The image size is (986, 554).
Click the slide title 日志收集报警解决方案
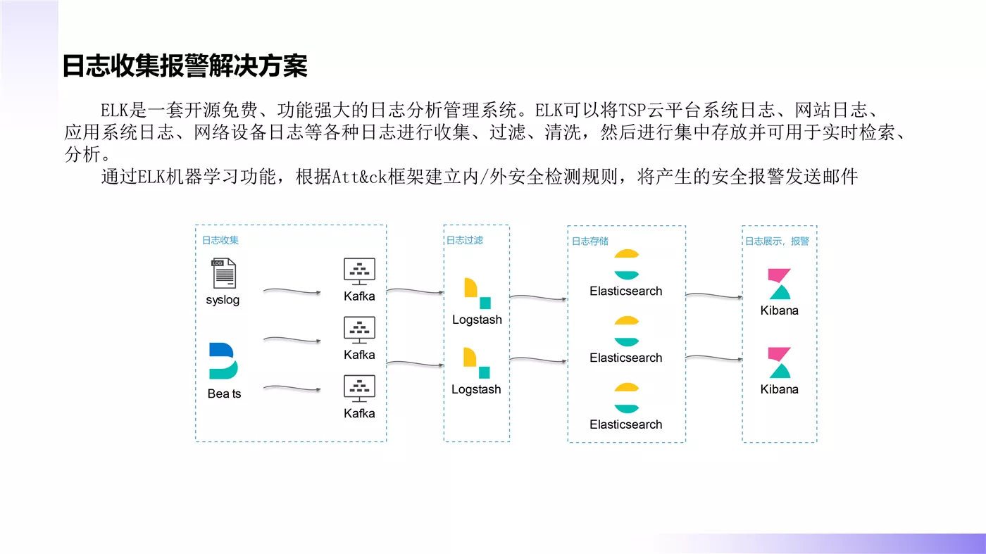pyautogui.click(x=185, y=66)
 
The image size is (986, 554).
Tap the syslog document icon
pyautogui.click(x=224, y=273)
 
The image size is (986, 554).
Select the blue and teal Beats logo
pyautogui.click(x=223, y=361)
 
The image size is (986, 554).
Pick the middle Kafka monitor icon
pyautogui.click(x=359, y=330)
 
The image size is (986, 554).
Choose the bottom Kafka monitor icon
pyautogui.click(x=359, y=389)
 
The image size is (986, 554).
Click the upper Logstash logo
pyautogui.click(x=478, y=294)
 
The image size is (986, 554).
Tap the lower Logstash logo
pyautogui.click(x=477, y=363)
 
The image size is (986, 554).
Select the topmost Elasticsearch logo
pyautogui.click(x=626, y=265)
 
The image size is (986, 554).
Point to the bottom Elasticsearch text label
pyautogui.click(x=626, y=424)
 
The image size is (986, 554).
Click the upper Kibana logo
pyautogui.click(x=780, y=284)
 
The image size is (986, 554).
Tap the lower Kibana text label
pyautogui.click(x=779, y=389)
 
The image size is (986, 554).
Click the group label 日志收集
pyautogui.click(x=220, y=240)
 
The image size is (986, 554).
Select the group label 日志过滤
pyautogui.click(x=464, y=240)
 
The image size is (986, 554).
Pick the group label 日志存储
pyautogui.click(x=590, y=241)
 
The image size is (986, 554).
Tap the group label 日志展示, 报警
pyautogui.click(x=777, y=241)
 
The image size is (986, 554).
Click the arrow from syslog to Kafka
pyautogui.click(x=292, y=291)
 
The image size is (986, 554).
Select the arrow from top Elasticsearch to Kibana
pyautogui.click(x=714, y=295)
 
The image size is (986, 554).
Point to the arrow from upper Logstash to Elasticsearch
pyautogui.click(x=538, y=298)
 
